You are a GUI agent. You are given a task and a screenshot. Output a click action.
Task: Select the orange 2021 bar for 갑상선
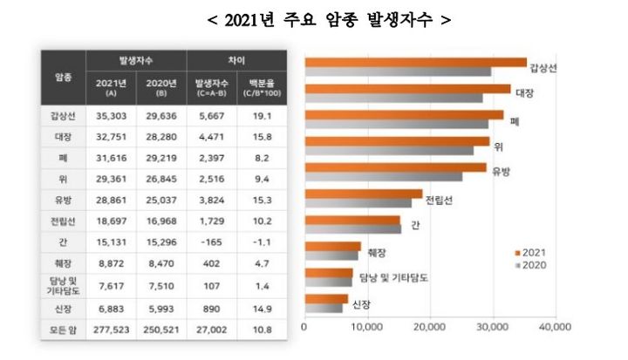pyautogui.click(x=415, y=62)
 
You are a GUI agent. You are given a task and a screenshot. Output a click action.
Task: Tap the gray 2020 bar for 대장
pyautogui.click(x=392, y=98)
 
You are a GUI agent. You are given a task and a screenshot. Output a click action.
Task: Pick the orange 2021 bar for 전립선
pyautogui.click(x=363, y=194)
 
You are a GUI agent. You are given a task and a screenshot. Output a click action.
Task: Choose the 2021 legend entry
pyautogui.click(x=532, y=251)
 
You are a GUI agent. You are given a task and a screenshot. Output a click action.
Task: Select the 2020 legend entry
pyautogui.click(x=532, y=263)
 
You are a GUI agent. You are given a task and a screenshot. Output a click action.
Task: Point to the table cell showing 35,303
pyautogui.click(x=111, y=114)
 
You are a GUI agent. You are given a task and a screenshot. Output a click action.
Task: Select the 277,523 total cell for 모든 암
pyautogui.click(x=111, y=330)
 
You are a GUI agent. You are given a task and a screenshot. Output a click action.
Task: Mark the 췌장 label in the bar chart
pyautogui.click(x=375, y=252)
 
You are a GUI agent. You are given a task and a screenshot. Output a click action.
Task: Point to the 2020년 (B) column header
pyautogui.click(x=161, y=87)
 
